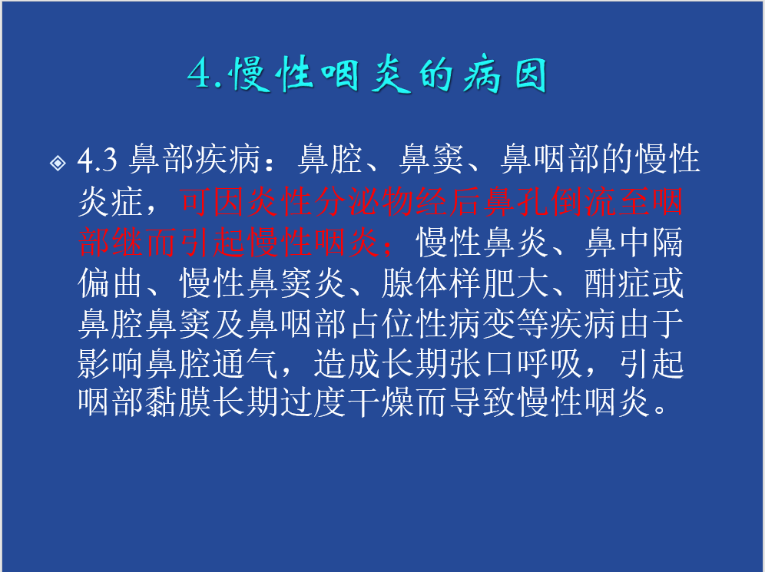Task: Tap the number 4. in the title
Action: click(205, 74)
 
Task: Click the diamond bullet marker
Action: click(58, 162)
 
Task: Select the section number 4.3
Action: click(98, 159)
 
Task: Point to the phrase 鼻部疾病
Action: click(194, 159)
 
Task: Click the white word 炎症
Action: click(111, 200)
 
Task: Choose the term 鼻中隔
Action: click(634, 242)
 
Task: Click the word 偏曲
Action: click(111, 283)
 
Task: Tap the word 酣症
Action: click(618, 283)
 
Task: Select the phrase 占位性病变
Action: click(432, 324)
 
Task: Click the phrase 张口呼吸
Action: click(515, 364)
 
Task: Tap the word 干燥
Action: click(380, 402)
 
